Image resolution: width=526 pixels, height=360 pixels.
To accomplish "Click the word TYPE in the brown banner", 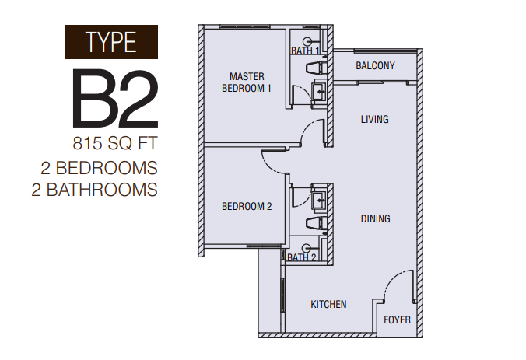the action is (x=111, y=42).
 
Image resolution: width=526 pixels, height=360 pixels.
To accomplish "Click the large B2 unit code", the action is (x=115, y=98).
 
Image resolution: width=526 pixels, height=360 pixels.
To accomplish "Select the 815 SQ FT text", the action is (x=115, y=144).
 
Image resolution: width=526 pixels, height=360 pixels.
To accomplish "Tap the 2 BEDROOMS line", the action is (x=100, y=168).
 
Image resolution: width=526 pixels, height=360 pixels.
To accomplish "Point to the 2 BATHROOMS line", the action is (x=95, y=190).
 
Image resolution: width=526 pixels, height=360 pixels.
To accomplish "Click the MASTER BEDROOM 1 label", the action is (x=247, y=82).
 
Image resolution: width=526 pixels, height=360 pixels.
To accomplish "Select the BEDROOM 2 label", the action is (x=247, y=207).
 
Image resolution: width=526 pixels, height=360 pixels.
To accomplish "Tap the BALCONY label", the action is (x=375, y=65).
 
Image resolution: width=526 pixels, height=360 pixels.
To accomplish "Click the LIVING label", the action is (x=375, y=119).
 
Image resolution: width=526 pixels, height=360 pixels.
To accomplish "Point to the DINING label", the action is (x=375, y=219).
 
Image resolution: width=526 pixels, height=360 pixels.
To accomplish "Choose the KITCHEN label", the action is (x=328, y=304).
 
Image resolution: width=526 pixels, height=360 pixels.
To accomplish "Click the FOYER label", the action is (x=397, y=320).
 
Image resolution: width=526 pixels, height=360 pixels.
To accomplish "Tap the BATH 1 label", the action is (x=305, y=51).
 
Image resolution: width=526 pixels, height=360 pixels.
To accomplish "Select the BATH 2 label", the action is (x=302, y=258).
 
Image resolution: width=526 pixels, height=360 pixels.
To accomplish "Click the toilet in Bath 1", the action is (x=316, y=68).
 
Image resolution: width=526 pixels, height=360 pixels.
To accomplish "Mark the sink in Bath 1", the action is (x=319, y=91).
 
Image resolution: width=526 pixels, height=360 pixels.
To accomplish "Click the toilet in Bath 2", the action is (x=316, y=222).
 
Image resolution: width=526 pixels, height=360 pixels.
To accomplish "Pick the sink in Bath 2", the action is (x=319, y=200).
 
